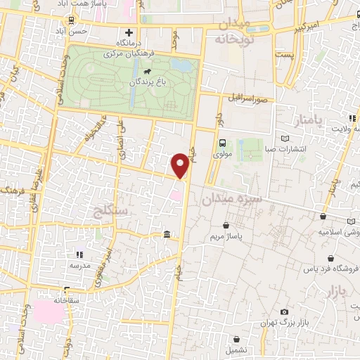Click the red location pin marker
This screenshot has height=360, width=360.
point(181,165)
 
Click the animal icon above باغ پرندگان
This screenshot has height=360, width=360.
point(148,72)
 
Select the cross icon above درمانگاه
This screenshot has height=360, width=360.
point(129,32)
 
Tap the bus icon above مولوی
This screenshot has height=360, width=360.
point(223,144)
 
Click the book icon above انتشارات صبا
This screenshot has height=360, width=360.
point(284,138)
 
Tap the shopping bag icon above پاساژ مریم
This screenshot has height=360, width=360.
point(226,226)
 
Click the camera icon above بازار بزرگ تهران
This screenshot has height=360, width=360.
point(284,311)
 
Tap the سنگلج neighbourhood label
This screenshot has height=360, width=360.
point(108,208)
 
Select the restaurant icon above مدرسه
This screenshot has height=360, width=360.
point(79,255)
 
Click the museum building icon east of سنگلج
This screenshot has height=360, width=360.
point(166,235)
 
